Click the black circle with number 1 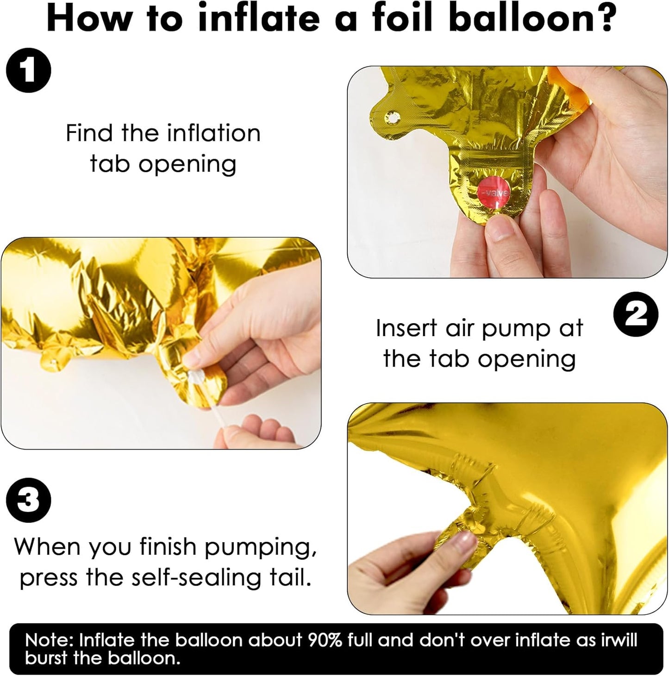pos(29,70)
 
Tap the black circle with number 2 pos(635,313)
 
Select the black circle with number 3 pos(29,500)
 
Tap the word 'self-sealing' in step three pos(191,578)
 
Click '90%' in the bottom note pos(325,640)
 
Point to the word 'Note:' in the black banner pos(49,640)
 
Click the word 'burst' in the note pos(46,658)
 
